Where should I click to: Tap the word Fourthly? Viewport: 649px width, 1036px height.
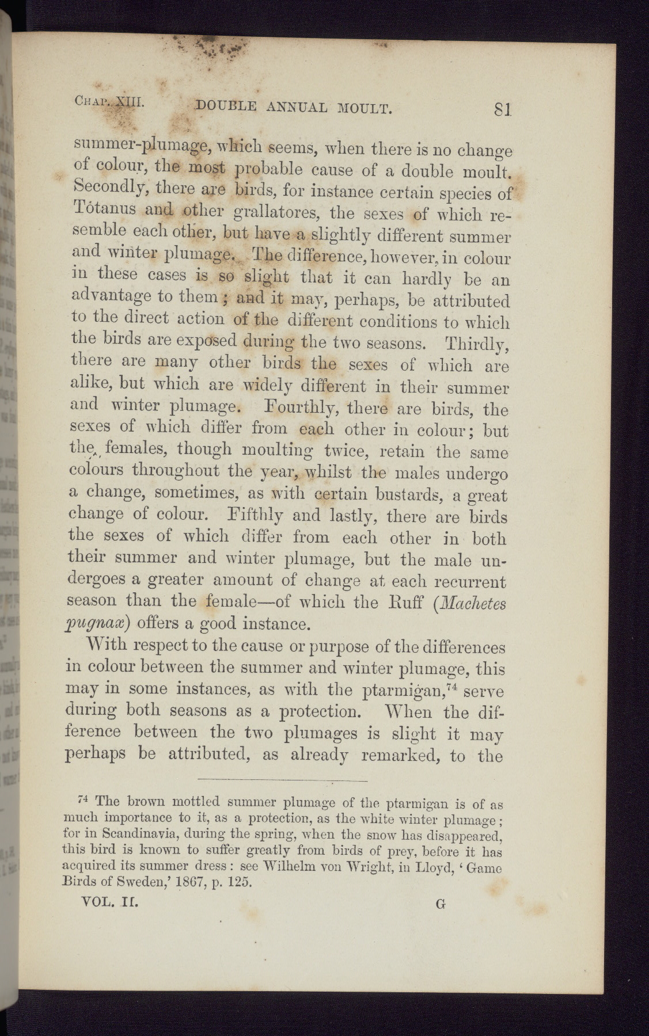(294, 409)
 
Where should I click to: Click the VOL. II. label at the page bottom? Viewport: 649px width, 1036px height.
(110, 902)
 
